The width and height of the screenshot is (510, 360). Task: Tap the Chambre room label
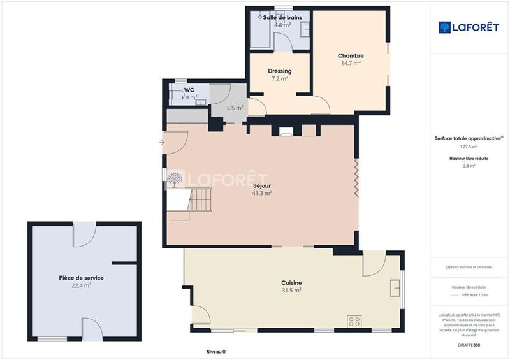click(x=350, y=56)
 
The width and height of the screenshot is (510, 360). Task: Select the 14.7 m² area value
click(x=350, y=63)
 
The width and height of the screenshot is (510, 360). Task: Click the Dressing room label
click(x=279, y=71)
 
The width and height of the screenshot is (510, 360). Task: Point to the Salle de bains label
click(x=282, y=18)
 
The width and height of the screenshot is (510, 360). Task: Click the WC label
click(x=189, y=90)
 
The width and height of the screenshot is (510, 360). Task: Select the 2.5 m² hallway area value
click(x=235, y=108)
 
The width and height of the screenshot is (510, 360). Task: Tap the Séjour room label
click(x=261, y=185)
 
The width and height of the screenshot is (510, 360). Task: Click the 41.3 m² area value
click(x=261, y=192)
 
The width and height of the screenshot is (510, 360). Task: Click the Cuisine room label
click(x=291, y=283)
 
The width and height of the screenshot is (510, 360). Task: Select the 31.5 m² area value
click(x=291, y=290)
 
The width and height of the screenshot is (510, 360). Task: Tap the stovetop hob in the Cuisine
click(x=354, y=321)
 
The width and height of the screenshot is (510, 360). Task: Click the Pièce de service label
click(x=81, y=278)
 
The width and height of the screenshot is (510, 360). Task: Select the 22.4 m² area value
click(x=81, y=286)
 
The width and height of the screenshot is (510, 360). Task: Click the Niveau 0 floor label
click(x=215, y=351)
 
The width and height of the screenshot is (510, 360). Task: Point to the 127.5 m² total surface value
click(x=469, y=146)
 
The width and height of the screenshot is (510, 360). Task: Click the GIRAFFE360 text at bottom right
click(x=469, y=345)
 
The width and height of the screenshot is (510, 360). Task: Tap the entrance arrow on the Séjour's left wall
click(x=161, y=142)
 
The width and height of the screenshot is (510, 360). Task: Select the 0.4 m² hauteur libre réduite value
click(x=469, y=166)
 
